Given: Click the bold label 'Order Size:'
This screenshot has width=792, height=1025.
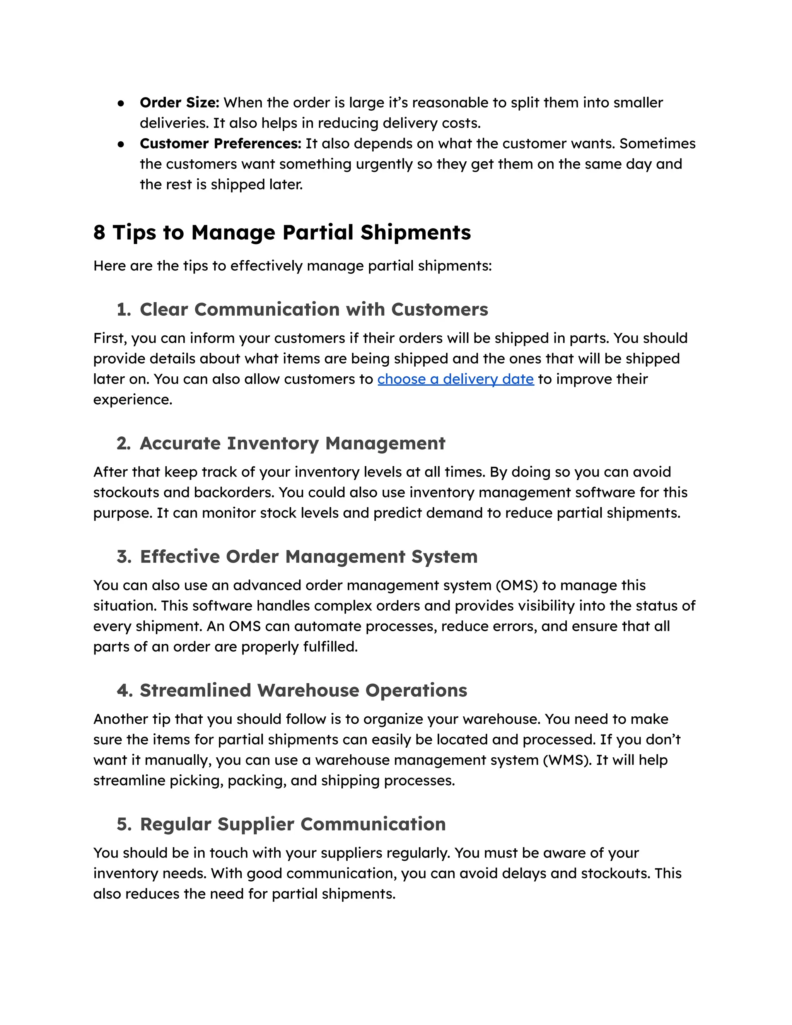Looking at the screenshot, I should [179, 102].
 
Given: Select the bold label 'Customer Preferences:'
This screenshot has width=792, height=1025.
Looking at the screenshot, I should [220, 143].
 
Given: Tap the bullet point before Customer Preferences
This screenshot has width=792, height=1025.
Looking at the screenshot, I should [121, 144].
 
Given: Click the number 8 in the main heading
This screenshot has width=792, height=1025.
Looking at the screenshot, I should [99, 232].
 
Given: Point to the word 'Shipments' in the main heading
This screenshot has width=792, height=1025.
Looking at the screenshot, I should [415, 232].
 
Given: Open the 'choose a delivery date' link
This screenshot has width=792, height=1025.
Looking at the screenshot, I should [455, 379].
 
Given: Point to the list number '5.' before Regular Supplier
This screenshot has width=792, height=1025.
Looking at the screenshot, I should [124, 824].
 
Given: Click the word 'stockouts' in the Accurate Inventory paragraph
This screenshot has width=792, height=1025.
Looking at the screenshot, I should [126, 492].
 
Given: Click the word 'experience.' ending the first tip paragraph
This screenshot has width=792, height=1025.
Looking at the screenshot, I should [133, 400].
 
